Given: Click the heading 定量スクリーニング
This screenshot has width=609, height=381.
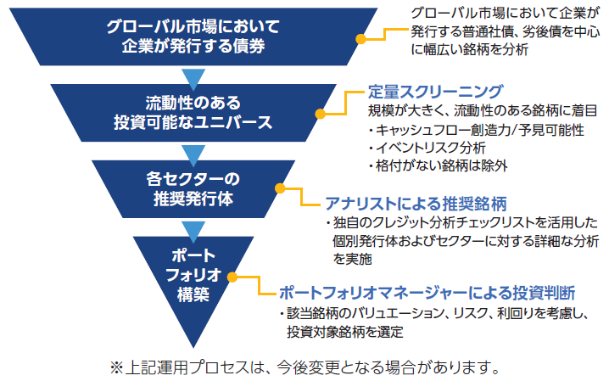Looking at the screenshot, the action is (x=435, y=92).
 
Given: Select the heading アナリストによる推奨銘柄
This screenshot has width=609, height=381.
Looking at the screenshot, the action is (x=416, y=204).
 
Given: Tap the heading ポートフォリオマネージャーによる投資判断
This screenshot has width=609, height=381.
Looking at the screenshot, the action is (x=427, y=293).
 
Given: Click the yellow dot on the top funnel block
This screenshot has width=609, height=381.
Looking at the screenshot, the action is (x=360, y=39).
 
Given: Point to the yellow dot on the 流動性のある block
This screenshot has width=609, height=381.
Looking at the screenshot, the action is (x=320, y=114).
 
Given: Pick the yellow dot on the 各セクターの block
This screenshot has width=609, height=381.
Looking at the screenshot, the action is (x=280, y=188).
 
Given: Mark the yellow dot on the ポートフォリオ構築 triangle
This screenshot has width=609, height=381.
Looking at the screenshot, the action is (x=232, y=277).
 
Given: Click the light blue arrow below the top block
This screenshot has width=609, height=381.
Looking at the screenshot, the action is (x=193, y=79).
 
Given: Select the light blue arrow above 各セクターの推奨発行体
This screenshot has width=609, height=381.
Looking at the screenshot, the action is (x=193, y=155).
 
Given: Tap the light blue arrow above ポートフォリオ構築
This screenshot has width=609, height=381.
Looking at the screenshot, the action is (x=193, y=231).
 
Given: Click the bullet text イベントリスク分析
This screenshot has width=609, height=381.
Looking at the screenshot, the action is (x=427, y=148).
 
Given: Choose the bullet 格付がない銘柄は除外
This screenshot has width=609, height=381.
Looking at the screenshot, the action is (x=439, y=165).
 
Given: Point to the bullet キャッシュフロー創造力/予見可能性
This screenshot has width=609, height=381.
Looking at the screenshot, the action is (x=477, y=130).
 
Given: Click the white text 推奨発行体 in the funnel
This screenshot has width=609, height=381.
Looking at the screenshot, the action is (x=193, y=199).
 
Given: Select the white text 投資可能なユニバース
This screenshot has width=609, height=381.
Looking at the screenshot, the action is (x=193, y=122).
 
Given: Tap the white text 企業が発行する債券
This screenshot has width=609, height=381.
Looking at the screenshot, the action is (x=193, y=46).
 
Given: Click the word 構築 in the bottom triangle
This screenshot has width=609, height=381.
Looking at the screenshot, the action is (x=193, y=294).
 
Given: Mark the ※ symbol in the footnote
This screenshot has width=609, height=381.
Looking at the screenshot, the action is (x=116, y=367).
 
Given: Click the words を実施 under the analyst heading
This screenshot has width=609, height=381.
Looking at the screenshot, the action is (x=352, y=259).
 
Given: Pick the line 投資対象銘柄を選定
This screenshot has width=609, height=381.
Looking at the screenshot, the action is (x=345, y=332).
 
